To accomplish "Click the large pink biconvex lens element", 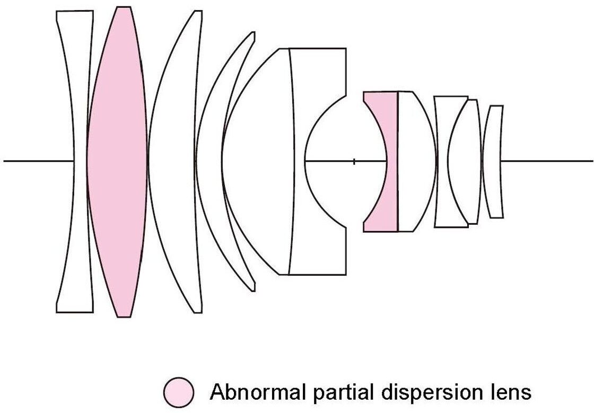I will tap(117, 162).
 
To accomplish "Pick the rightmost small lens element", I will tap(494, 162).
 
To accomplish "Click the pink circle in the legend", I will tap(179, 392).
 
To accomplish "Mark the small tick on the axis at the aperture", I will tap(354, 161).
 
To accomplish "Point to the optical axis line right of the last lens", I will tap(546, 161).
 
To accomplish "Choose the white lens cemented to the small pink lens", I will tap(416, 162).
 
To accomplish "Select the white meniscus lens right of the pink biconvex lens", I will tap(172, 162).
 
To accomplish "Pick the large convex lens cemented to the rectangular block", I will tap(260, 162).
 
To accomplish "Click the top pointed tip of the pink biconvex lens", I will tap(123, 8).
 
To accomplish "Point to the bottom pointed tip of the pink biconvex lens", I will tap(123, 316).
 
